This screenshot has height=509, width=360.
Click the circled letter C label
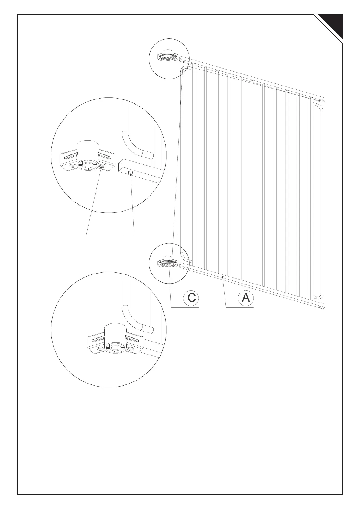191,298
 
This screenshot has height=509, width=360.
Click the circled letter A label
246,298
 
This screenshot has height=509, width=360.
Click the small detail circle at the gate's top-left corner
169,59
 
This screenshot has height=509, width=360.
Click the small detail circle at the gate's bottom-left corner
169,264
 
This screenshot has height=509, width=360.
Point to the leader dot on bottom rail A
222,277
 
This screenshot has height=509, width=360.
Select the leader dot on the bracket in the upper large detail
101,171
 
